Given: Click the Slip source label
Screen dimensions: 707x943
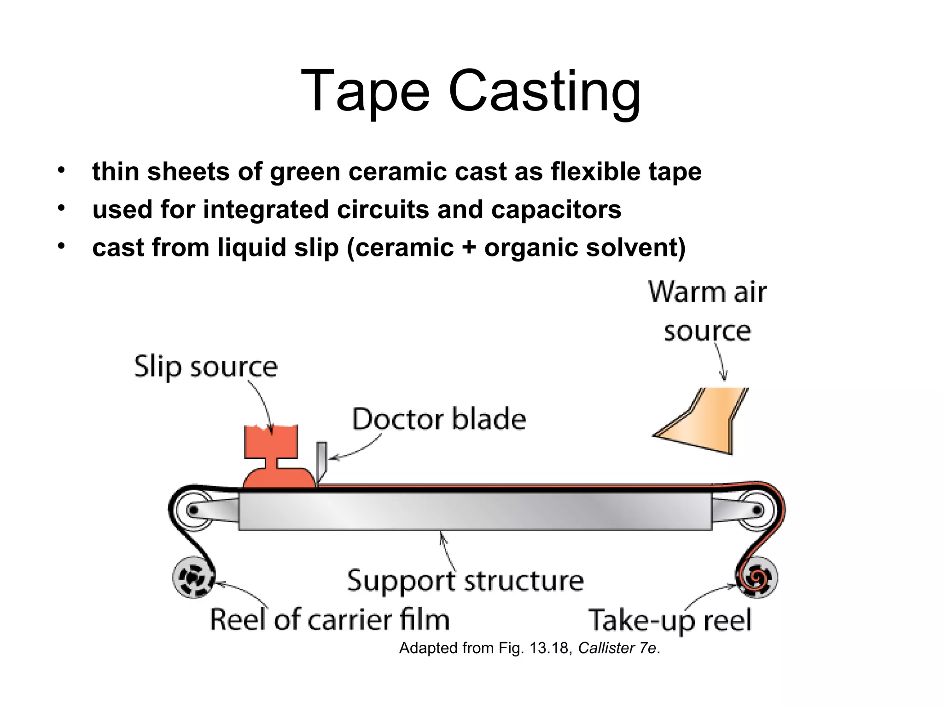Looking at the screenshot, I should [x=206, y=367].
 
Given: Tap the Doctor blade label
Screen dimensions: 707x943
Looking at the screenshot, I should [x=439, y=419].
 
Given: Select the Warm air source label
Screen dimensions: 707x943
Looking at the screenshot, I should [x=708, y=312].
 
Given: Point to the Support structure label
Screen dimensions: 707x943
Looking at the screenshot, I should [x=465, y=581].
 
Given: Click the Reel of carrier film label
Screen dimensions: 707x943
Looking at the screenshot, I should [x=330, y=620].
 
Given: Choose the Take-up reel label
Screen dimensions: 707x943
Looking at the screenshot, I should [x=670, y=620].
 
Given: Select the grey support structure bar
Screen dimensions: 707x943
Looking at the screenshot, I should [x=474, y=511].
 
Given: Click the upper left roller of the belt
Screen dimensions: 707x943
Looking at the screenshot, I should [x=193, y=510].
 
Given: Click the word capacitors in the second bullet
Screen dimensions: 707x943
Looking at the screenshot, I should [x=556, y=209].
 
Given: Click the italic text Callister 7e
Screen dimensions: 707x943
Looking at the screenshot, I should [x=617, y=648].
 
